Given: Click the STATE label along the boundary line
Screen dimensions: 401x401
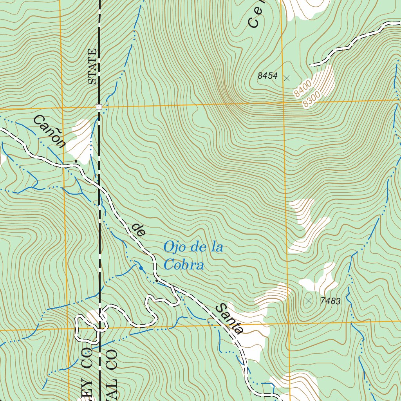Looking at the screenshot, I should click(92, 67).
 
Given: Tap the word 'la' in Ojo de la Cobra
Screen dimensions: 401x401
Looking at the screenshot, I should click(217, 247).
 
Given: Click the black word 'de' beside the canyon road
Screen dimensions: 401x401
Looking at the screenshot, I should click(138, 229).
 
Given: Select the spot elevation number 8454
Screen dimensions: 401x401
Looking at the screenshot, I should click(267, 76).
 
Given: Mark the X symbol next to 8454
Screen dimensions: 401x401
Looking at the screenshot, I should click(287, 78).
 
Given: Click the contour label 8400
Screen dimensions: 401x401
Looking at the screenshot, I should click(302, 89).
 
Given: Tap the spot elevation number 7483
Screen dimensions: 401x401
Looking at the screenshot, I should click(330, 301).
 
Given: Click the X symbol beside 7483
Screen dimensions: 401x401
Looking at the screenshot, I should click(309, 301).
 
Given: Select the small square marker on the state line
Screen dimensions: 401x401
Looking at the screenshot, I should click(99, 107).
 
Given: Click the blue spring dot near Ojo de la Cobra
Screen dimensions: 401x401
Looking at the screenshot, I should click(141, 268).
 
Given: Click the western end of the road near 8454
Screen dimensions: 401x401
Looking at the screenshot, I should click(311, 65).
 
